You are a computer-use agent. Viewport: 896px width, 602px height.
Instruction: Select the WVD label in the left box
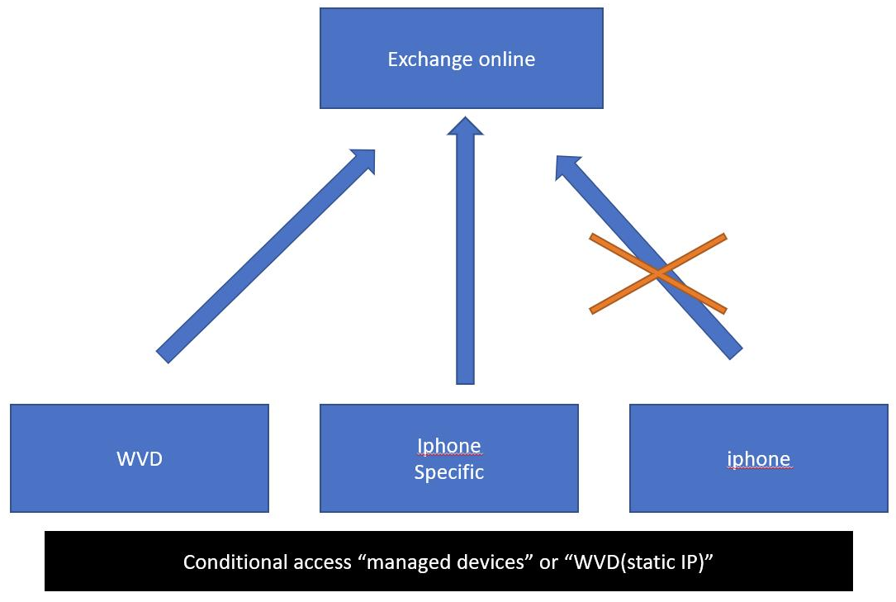pyautogui.click(x=140, y=458)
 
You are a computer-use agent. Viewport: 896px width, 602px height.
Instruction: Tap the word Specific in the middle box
pyautogui.click(x=448, y=472)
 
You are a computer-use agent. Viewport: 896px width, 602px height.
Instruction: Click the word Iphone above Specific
pyautogui.click(x=448, y=446)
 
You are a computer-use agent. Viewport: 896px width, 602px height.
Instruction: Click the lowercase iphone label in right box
pyautogui.click(x=758, y=458)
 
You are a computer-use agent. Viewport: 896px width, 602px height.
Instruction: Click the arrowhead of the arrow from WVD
pyautogui.click(x=363, y=160)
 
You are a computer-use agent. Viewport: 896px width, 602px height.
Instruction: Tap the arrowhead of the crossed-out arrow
pyautogui.click(x=568, y=168)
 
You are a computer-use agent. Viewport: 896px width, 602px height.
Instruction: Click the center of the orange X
pyautogui.click(x=658, y=273)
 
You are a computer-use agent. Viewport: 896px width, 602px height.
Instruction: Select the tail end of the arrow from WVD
pyautogui.click(x=163, y=356)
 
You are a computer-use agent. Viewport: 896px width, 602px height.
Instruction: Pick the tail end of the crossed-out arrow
pyautogui.click(x=735, y=352)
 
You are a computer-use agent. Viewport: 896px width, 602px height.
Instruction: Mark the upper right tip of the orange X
pyautogui.click(x=723, y=237)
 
